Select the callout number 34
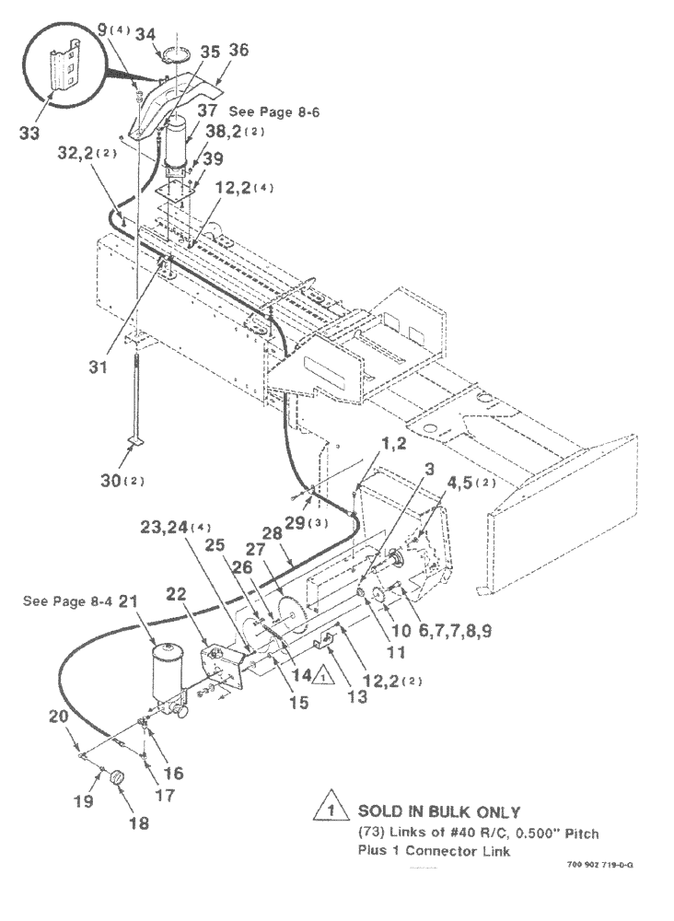(x=145, y=34)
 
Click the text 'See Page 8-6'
(x=278, y=111)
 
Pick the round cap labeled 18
(x=117, y=779)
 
